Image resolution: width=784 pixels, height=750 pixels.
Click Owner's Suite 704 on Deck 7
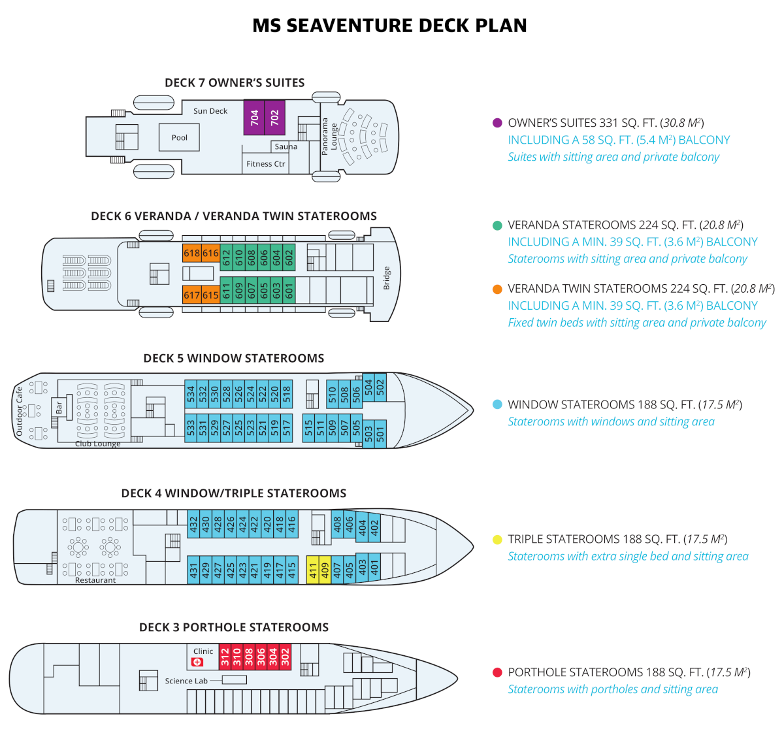pos(254,118)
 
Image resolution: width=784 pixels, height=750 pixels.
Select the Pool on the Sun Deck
pos(180,138)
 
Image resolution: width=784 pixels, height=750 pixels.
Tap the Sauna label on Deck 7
pos(286,146)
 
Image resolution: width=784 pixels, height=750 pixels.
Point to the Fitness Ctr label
pos(266,164)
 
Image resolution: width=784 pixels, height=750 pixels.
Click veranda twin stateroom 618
pos(192,253)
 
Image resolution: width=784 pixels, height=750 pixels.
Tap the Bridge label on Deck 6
pos(387,278)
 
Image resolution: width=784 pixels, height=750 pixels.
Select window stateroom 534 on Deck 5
pos(191,394)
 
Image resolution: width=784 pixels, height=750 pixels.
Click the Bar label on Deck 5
pos(59,408)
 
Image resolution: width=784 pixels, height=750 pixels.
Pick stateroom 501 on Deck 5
pos(380,433)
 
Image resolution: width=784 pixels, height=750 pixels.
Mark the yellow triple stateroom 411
pos(313,570)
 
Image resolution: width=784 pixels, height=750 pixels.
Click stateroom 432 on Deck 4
pos(193,524)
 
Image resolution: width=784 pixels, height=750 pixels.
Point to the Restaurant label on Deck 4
pos(95,580)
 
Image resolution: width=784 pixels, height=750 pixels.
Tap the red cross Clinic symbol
pos(197,662)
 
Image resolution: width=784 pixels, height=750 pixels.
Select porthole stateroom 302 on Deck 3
pos(285,657)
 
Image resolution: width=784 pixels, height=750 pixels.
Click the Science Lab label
pos(186,681)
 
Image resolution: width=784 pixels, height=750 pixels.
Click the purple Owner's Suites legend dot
pos(497,123)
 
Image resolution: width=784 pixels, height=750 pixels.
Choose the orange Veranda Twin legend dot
pos(497,289)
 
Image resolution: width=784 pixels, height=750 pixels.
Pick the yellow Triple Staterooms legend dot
pos(497,540)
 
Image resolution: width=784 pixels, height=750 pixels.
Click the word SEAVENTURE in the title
pos(350,25)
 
